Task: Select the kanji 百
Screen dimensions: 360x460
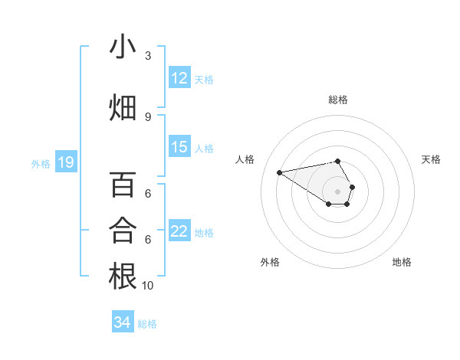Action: [x=123, y=185]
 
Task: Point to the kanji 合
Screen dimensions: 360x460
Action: [x=123, y=230]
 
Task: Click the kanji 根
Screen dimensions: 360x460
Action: [x=123, y=276]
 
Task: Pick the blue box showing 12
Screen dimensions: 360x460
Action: [x=179, y=78]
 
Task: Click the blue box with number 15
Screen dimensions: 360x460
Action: [x=179, y=147]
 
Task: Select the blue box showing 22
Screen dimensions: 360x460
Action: [x=179, y=231]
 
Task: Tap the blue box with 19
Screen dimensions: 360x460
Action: [x=65, y=162]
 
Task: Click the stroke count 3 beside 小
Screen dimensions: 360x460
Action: [x=148, y=56]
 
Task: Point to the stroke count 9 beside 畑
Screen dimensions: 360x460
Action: [x=148, y=117]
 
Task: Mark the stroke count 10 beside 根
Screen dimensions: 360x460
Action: [x=148, y=286]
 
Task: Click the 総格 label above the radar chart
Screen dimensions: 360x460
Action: [x=338, y=100]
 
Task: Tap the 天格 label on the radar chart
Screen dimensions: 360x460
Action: [x=431, y=159]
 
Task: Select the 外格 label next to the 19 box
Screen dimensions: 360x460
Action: [x=41, y=163]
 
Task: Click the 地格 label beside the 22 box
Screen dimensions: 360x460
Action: [x=204, y=232]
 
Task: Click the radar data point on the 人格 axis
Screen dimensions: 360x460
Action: [x=280, y=172]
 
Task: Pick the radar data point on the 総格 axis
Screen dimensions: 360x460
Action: [x=338, y=161]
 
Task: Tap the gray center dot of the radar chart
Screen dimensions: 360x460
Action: [x=338, y=191]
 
